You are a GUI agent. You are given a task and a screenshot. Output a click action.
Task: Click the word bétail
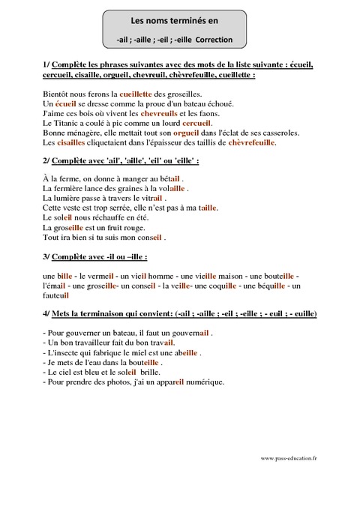[x=166, y=178]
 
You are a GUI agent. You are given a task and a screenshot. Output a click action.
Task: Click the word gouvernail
[x=188, y=331]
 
